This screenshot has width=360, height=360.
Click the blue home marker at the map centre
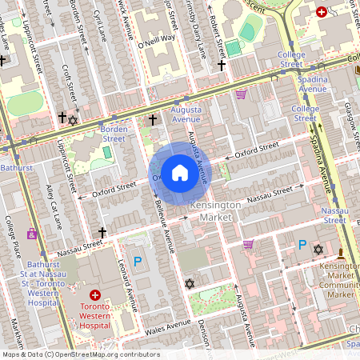pos(180,172)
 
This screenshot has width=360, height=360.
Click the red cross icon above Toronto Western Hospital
pos(95,294)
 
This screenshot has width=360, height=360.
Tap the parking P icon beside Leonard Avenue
pos(138,261)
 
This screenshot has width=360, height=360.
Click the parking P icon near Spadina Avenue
pos(302,245)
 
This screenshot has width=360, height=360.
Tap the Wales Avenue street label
pos(167,324)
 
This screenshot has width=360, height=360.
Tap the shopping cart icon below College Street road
pos(241,94)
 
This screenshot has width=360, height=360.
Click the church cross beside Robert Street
pos(222,65)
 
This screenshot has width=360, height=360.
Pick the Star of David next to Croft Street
pos(74,120)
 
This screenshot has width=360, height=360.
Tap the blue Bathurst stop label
pos(17,168)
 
